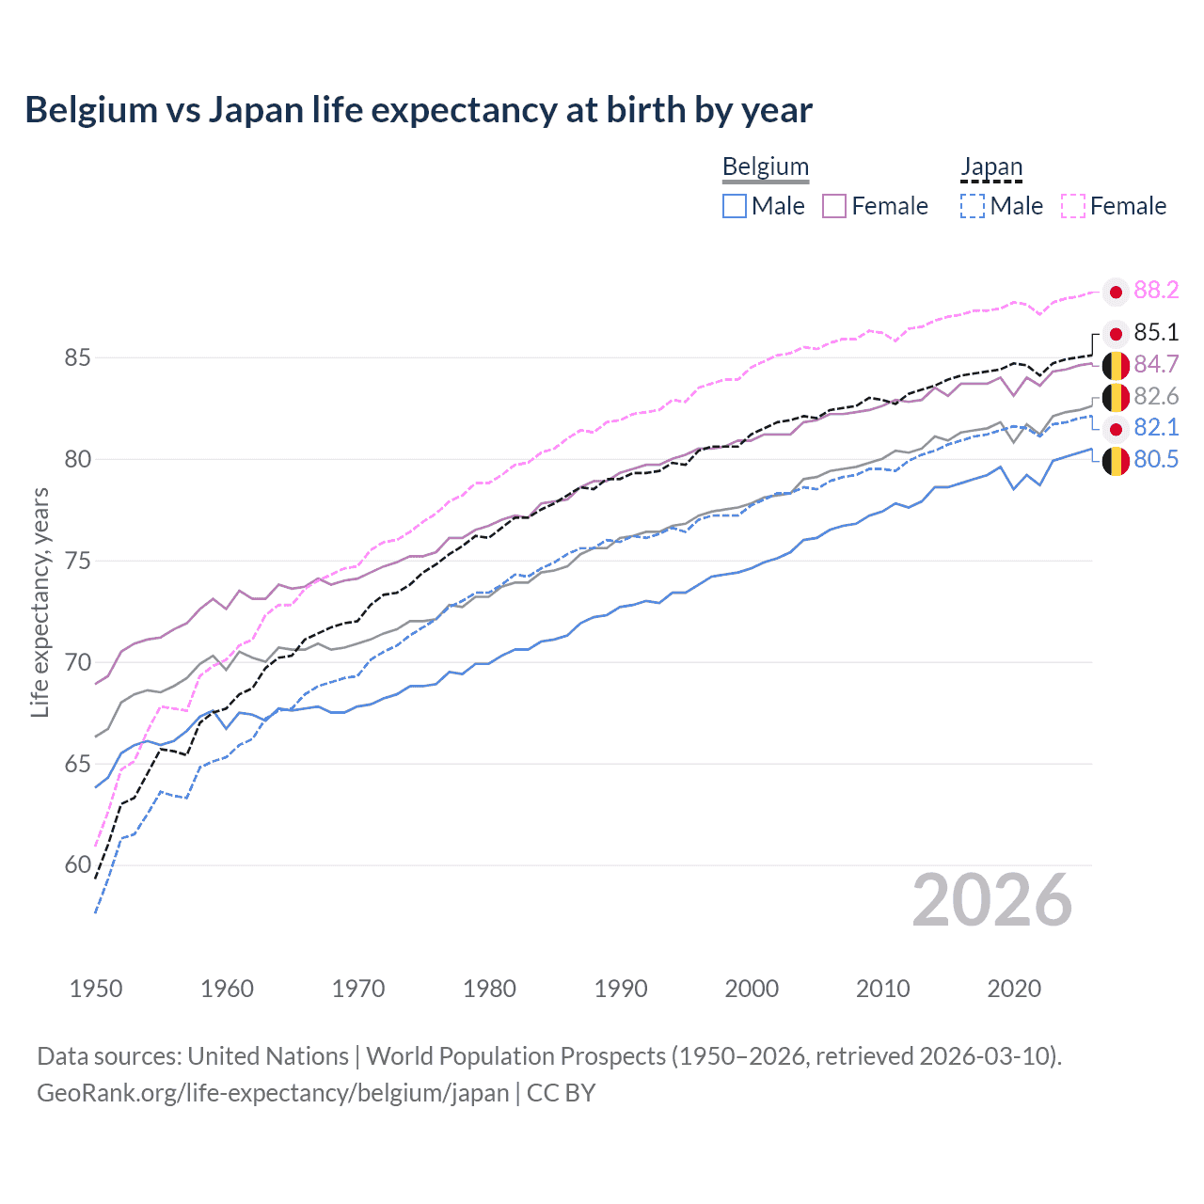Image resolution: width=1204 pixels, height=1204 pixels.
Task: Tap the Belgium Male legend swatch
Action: pyautogui.click(x=735, y=206)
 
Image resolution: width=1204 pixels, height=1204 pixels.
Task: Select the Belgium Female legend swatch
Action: pyautogui.click(x=834, y=206)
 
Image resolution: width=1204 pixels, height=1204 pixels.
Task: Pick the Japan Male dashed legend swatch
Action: pyautogui.click(x=973, y=206)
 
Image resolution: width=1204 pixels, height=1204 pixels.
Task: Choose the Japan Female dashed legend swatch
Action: pyautogui.click(x=1072, y=206)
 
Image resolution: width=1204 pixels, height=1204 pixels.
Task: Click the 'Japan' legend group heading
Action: pyautogui.click(x=991, y=167)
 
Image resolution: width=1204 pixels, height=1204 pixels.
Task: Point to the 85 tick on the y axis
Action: pyautogui.click(x=78, y=358)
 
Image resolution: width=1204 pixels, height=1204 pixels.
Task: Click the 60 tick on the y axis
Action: pyautogui.click(x=78, y=865)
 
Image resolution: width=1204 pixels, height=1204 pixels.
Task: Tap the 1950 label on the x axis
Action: pyautogui.click(x=96, y=989)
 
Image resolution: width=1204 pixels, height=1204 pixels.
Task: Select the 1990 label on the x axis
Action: pyautogui.click(x=621, y=989)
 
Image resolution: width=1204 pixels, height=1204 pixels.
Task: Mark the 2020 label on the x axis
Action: pyautogui.click(x=1014, y=989)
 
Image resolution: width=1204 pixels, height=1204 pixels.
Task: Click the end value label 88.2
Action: pyautogui.click(x=1156, y=291)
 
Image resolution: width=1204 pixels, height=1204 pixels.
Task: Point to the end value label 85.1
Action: pyautogui.click(x=1156, y=333)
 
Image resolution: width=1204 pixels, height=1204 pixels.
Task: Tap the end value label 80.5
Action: pyautogui.click(x=1156, y=460)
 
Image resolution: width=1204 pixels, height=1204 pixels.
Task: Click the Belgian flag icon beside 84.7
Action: pyautogui.click(x=1116, y=365)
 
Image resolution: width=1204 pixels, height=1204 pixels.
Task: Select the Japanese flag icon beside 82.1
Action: pyautogui.click(x=1116, y=430)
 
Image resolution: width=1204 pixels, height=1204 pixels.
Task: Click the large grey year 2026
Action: pyautogui.click(x=991, y=900)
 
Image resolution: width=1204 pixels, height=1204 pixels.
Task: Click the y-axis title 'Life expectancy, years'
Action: pyautogui.click(x=40, y=602)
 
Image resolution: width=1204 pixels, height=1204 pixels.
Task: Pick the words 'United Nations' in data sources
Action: pyautogui.click(x=268, y=1056)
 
